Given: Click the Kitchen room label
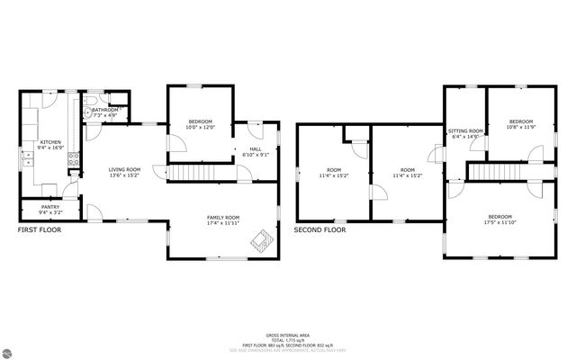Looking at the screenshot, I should tap(49, 142).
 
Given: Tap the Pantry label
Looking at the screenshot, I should tap(49, 207).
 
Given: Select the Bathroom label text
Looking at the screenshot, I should tap(104, 110).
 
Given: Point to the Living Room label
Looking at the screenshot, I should tap(124, 169).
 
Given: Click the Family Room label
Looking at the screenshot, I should tap(222, 217).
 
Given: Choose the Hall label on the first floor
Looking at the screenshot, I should tap(256, 149).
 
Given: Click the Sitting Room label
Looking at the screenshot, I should tap(465, 131).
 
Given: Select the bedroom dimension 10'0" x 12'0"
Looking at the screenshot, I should tap(200, 127).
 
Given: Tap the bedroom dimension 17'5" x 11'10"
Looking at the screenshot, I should tap(500, 222).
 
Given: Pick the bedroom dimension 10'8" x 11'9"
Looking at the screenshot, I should tap(521, 127).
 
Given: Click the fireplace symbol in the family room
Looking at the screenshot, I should tap(262, 239).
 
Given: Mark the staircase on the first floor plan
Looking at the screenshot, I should tap(195, 172).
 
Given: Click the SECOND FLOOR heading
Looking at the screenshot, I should tap(319, 230).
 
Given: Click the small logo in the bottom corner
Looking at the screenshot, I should tap(8, 352).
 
